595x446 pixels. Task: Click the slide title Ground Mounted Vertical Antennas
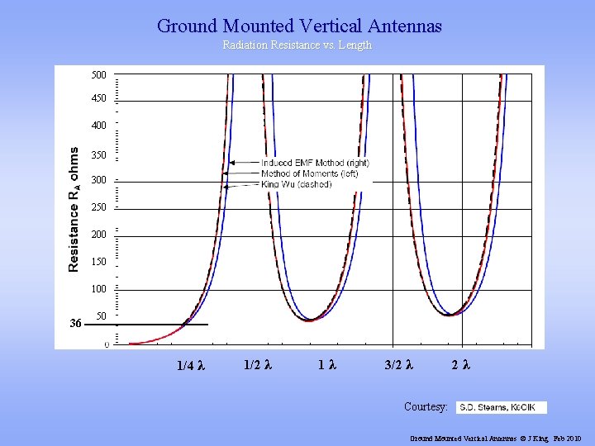tap(299, 26)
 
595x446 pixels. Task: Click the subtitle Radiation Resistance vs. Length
tap(297, 45)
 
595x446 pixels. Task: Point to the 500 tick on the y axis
tap(98, 75)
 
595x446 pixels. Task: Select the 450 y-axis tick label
tap(98, 98)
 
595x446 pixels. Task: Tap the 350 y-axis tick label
tap(98, 154)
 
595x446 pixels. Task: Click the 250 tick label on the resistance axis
tap(98, 207)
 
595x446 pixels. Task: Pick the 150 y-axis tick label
tap(98, 262)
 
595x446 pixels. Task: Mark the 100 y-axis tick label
tap(98, 289)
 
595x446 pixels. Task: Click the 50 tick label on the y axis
tap(101, 316)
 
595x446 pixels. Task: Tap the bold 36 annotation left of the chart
tap(76, 324)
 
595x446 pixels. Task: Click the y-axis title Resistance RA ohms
tap(74, 210)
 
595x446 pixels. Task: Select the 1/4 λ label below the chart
tap(191, 366)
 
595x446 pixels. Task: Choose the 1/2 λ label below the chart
tap(259, 363)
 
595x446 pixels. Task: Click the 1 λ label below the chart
tap(326, 363)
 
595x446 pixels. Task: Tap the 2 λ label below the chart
tap(461, 363)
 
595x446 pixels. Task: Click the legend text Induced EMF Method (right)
tap(315, 163)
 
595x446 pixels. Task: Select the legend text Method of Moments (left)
tap(308, 173)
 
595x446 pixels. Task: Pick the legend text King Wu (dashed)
tap(296, 184)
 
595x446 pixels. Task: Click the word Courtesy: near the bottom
tap(426, 407)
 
